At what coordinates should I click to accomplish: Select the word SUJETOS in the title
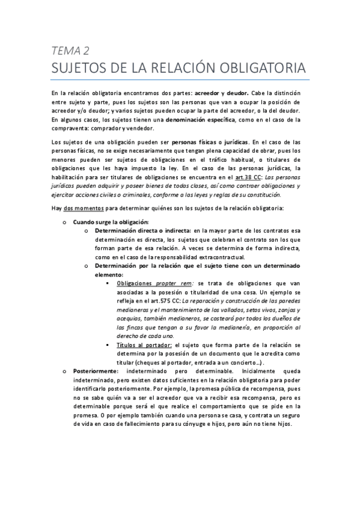pyautogui.click(x=81, y=66)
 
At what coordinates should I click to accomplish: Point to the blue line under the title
pyautogui.click(x=180, y=79)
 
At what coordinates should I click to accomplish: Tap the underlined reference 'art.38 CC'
pyautogui.click(x=241, y=177)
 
